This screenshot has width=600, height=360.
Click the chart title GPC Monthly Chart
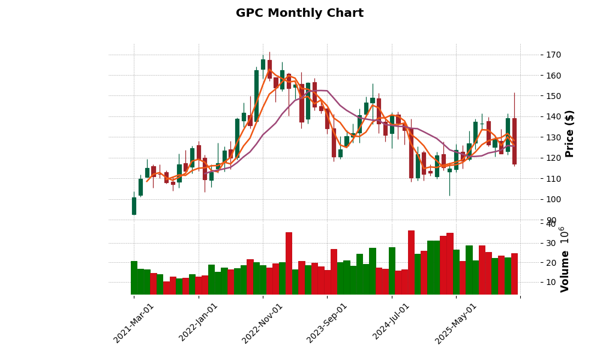(299, 13)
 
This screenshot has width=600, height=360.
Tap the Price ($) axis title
(569, 133)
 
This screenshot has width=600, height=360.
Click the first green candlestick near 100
(134, 206)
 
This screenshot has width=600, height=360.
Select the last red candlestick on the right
(514, 141)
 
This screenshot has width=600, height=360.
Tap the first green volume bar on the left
(134, 277)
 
